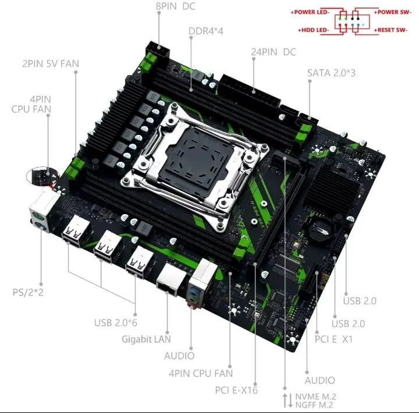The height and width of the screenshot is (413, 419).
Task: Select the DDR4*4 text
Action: point(207,31)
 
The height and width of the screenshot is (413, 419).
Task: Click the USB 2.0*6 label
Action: point(116,322)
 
